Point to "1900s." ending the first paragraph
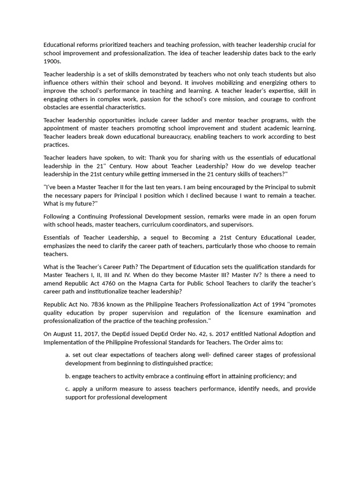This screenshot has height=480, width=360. (52, 61)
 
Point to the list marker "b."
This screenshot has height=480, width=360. (68, 376)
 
